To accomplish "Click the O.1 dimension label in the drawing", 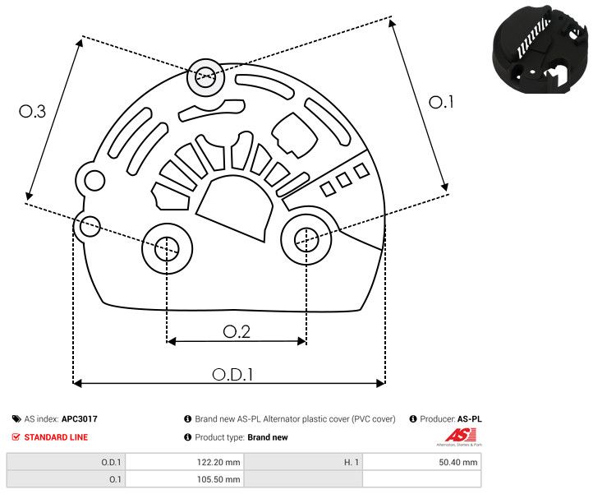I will (441, 102).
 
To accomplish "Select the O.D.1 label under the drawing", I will (232, 373).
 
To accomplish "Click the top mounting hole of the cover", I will (203, 79).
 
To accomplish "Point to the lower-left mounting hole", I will (167, 246).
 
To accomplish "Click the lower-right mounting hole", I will (306, 239).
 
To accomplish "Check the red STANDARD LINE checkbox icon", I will (16, 437).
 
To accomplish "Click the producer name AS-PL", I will (469, 419).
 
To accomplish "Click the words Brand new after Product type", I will (268, 437).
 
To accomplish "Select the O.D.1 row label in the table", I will (111, 462).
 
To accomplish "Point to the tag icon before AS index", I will (16, 419).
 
